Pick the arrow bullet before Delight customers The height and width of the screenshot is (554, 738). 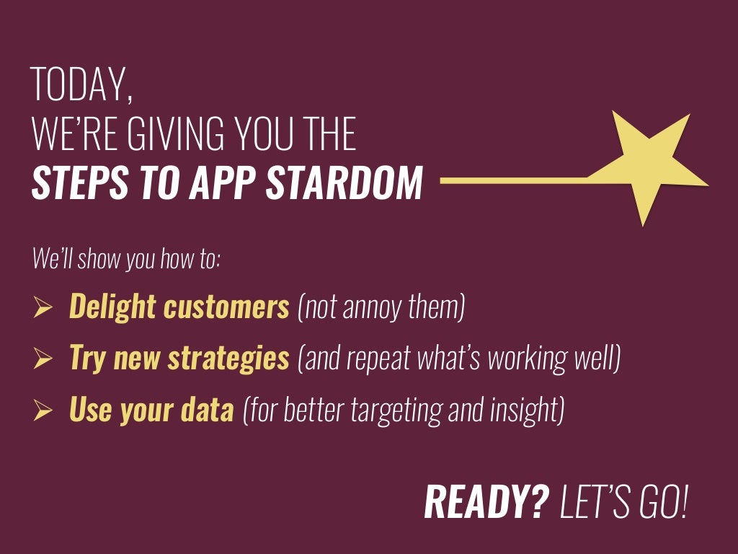click(43, 309)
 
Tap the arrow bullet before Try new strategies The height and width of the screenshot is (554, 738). click(43, 359)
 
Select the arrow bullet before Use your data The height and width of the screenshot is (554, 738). click(43, 411)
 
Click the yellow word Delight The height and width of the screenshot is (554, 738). click(112, 307)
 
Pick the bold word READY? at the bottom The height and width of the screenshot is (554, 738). click(486, 502)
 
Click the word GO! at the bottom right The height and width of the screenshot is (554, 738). click(664, 502)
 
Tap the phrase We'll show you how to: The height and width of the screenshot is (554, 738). click(126, 258)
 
